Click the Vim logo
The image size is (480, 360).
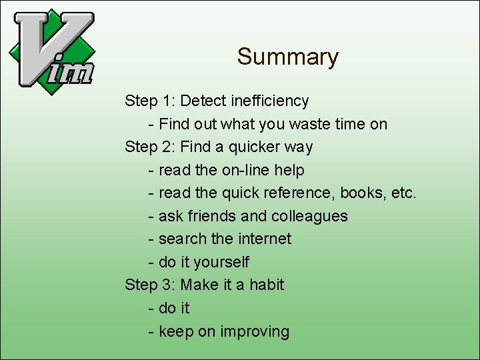(x=52, y=51)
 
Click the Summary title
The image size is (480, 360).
(x=287, y=57)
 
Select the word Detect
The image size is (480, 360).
(x=203, y=101)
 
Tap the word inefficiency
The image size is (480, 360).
(x=270, y=101)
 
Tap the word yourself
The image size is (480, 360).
(x=221, y=262)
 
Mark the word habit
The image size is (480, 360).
(x=267, y=285)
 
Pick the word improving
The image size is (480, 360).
(x=255, y=331)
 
